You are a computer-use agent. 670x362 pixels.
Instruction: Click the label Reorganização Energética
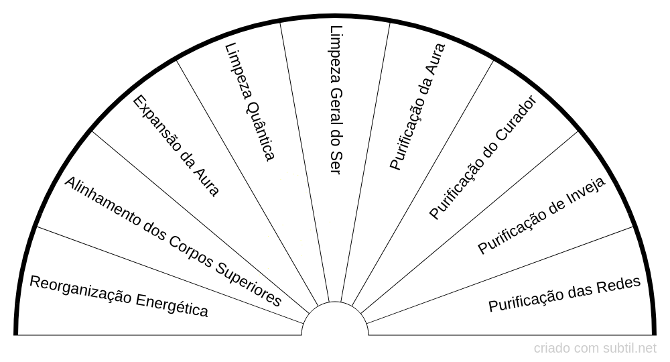pyautogui.click(x=119, y=296)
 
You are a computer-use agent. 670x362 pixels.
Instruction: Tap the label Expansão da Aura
pyautogui.click(x=176, y=145)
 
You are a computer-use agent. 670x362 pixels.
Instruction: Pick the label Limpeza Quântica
pyautogui.click(x=250, y=102)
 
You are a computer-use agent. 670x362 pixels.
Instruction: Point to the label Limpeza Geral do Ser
pyautogui.click(x=336, y=100)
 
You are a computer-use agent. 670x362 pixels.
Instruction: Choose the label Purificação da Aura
pyautogui.click(x=417, y=107)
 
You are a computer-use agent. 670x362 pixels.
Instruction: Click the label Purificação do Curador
pyautogui.click(x=483, y=158)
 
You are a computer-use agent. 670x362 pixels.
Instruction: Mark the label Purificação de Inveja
pyautogui.click(x=541, y=216)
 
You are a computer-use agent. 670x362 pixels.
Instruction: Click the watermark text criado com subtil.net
pyautogui.click(x=595, y=349)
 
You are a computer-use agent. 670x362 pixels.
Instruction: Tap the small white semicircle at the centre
pyautogui.click(x=335, y=320)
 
